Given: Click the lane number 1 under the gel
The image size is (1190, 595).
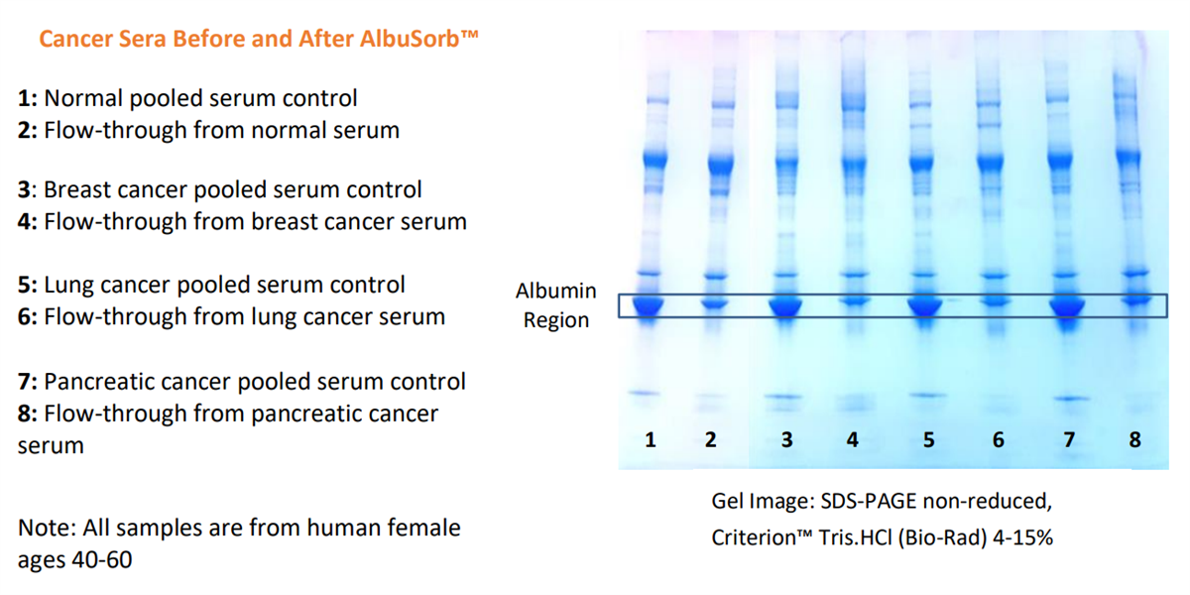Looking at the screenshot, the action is (x=651, y=440).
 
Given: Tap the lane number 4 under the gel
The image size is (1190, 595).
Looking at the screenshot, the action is (x=852, y=440).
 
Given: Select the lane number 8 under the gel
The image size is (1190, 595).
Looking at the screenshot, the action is (x=1134, y=440).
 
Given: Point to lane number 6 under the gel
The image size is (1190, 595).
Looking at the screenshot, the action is (x=999, y=440).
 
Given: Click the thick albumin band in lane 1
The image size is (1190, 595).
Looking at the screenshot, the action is (x=649, y=306).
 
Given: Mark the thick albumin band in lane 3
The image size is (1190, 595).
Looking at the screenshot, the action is (x=785, y=306).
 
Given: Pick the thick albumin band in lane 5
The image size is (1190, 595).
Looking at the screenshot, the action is (x=925, y=306).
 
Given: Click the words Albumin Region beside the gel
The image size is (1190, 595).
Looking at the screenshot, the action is (x=556, y=305).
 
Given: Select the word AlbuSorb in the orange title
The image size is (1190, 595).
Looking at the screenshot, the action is (x=409, y=39).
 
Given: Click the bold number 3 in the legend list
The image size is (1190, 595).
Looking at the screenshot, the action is (x=24, y=189).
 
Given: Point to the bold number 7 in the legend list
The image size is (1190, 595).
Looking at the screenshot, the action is (x=24, y=382).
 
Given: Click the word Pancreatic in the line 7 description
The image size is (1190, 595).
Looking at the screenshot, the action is (x=95, y=382).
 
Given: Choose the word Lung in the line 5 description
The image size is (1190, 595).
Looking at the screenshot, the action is (x=68, y=286).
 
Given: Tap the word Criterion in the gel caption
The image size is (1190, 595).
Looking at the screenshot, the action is (x=756, y=537).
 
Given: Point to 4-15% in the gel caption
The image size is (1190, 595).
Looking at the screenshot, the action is (x=1022, y=537).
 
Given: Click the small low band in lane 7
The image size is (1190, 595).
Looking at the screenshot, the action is (x=1070, y=399).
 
